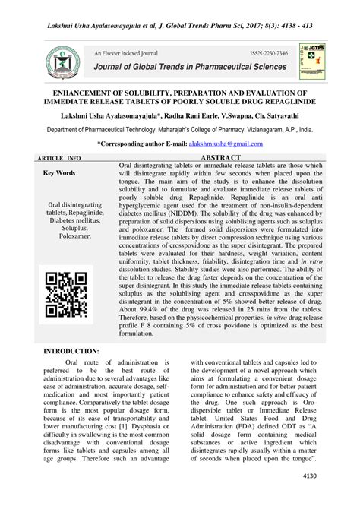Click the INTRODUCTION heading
(x=71, y=352)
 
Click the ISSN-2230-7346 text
(x=269, y=55)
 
